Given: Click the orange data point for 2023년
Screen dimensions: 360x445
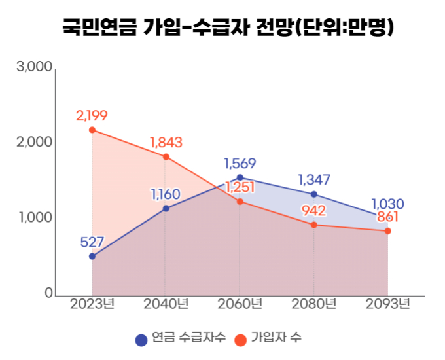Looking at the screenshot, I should pyautogui.click(x=92, y=130).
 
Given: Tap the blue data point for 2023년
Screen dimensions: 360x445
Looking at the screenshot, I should pyautogui.click(x=92, y=256).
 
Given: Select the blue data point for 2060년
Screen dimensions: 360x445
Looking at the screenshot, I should pyautogui.click(x=240, y=177).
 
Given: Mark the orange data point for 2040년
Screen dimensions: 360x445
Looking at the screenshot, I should pyautogui.click(x=166, y=156).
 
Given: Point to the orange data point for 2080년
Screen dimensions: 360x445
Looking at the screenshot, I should pyautogui.click(x=314, y=225).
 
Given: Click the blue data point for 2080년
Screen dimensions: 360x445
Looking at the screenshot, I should pyautogui.click(x=314, y=194).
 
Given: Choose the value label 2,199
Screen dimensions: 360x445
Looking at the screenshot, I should pyautogui.click(x=92, y=115).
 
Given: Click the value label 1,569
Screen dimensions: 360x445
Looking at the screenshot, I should pyautogui.click(x=240, y=163).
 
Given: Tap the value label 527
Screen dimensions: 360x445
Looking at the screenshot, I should pyautogui.click(x=92, y=242).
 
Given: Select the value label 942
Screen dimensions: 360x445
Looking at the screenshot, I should pyautogui.click(x=313, y=211).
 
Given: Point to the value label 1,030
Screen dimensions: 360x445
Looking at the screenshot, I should pyautogui.click(x=387, y=204).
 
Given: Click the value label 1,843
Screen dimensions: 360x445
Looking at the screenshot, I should pyautogui.click(x=166, y=142).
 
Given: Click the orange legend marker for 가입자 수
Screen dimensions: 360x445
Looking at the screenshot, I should pyautogui.click(x=240, y=339).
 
